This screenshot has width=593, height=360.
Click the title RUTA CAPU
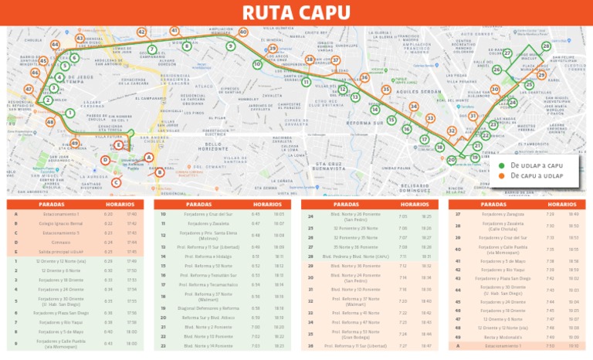pyautogui.click(x=296, y=12)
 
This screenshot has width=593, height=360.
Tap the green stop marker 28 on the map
pyautogui.click(x=546, y=47)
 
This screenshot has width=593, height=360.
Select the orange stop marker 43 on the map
pyautogui.click(x=80, y=38)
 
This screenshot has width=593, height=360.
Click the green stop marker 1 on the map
pyautogui.click(x=69, y=114)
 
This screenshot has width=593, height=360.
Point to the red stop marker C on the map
pyautogui.click(x=116, y=182)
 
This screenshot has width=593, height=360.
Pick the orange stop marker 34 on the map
pyautogui.click(x=414, y=107)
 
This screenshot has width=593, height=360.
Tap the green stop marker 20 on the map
pyautogui.click(x=451, y=160)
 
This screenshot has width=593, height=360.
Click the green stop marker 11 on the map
pyautogui.click(x=306, y=82)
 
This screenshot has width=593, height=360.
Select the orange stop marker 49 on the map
pyautogui.click(x=75, y=143)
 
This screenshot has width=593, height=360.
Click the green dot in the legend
pyautogui.click(x=501, y=165)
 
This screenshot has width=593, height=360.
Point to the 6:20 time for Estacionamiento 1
pyautogui.click(x=108, y=214)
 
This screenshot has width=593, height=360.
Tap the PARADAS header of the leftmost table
pyautogui.click(x=51, y=204)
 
